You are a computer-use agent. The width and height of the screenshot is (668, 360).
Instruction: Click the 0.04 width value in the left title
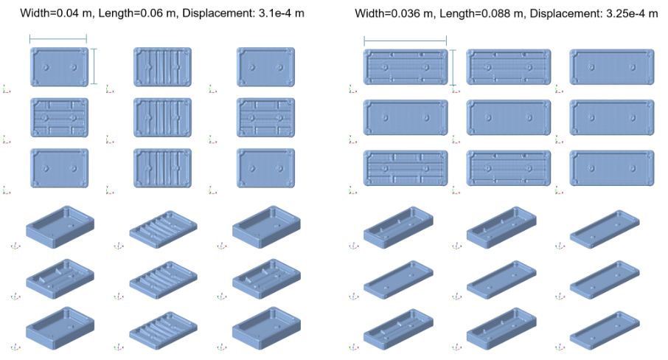pos(68,13)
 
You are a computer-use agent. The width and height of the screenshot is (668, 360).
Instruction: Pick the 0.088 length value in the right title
pos(497,13)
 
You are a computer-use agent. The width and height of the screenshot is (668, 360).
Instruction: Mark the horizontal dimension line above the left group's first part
pos(58,39)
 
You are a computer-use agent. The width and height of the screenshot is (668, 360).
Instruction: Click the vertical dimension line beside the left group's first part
pos(94,66)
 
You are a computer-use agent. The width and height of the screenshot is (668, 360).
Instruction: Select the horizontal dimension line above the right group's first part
pos(405,41)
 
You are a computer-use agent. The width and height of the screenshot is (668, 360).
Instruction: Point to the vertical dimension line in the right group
pos(453,68)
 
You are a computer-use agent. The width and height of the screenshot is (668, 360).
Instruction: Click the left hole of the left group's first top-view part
pos(45,67)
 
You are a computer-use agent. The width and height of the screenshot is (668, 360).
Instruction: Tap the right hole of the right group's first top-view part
pos(425,67)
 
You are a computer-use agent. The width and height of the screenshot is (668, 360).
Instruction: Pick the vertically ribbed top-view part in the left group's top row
pos(162,67)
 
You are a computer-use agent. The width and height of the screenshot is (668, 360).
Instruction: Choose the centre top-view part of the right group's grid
pos(509,117)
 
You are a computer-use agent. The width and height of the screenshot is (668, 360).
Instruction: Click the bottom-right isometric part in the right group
pos(605,331)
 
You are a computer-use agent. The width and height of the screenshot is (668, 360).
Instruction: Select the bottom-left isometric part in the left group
pos(60,328)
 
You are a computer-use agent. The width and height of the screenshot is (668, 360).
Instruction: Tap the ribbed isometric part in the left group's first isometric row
pos(163,229)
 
